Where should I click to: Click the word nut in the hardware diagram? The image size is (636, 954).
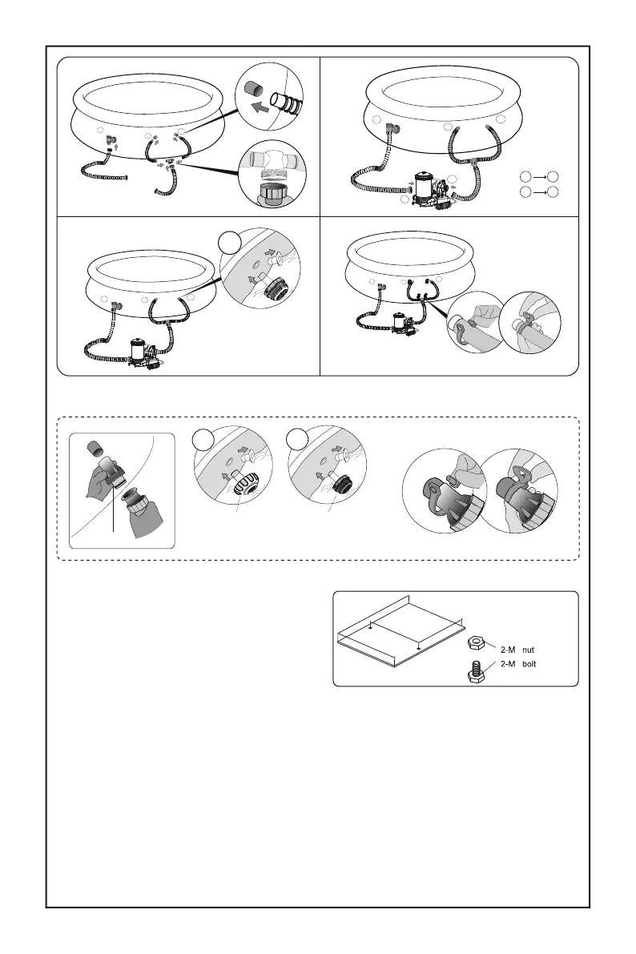(x=528, y=650)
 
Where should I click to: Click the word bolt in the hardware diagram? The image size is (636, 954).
(x=530, y=664)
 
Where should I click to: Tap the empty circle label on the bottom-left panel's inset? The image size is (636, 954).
(x=230, y=240)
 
